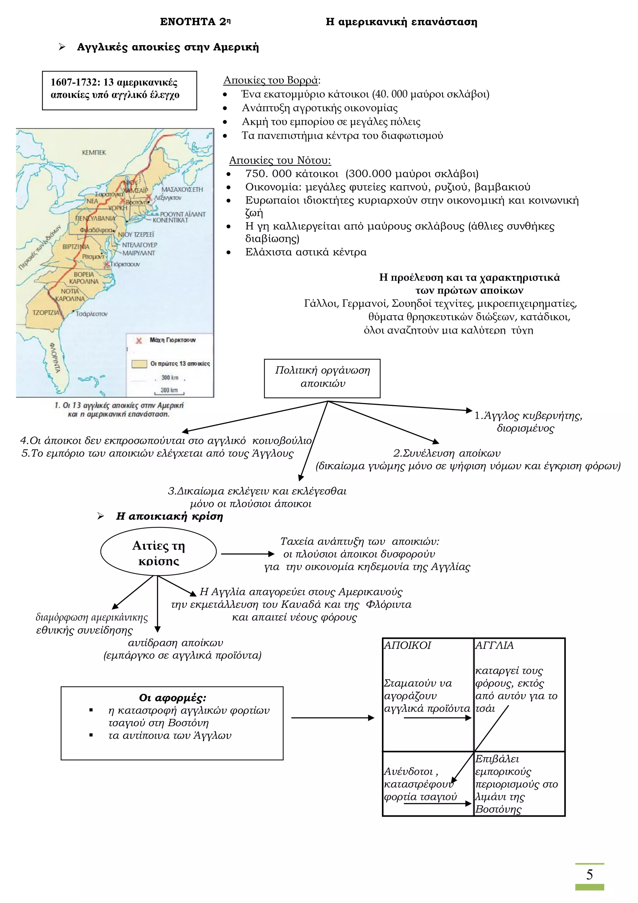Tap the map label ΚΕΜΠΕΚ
(94, 152)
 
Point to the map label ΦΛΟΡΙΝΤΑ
(55, 357)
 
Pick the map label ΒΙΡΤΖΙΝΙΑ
(76, 247)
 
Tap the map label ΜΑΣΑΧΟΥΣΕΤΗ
(182, 190)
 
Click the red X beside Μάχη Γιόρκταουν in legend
(139, 340)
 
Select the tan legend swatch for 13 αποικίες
(139, 364)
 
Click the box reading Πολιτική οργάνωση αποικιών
(322, 378)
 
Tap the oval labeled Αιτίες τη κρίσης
(158, 553)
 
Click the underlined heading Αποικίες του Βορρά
(271, 80)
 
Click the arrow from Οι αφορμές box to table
(332, 718)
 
